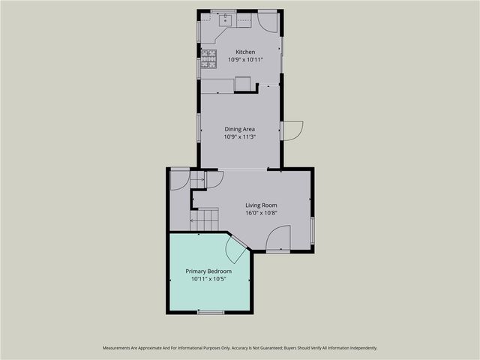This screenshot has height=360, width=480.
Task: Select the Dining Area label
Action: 240,129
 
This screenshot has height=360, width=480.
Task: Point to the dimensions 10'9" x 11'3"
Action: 240,136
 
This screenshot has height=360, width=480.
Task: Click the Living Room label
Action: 262,205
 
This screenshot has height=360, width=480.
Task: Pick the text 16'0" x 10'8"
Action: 262,212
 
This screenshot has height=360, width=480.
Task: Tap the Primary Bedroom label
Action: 208,271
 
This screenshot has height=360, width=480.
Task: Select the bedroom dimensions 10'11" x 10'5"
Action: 208,278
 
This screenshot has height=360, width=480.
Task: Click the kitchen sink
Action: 223,20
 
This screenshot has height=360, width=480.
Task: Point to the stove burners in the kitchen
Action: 208,54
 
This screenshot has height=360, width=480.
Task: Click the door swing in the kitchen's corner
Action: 268,20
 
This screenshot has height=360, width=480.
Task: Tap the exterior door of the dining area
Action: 292,130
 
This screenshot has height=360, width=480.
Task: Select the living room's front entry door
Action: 278,240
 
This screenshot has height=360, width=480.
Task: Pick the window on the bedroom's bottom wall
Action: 211,311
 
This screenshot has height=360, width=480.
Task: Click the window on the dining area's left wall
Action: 199,127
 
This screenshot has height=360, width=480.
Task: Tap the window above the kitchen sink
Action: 223,11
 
